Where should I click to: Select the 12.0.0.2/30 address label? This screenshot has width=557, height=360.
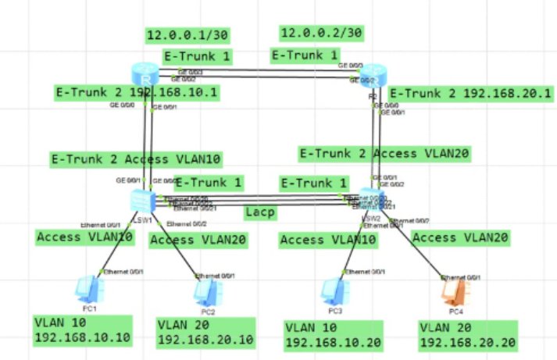coord(321,34)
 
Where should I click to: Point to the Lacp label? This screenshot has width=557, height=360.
coord(259,213)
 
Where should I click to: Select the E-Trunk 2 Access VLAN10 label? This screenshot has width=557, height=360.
coord(136,159)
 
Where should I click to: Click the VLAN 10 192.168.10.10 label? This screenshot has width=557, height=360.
coord(82,331)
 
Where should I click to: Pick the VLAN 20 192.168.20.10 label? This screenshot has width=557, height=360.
coord(205,332)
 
